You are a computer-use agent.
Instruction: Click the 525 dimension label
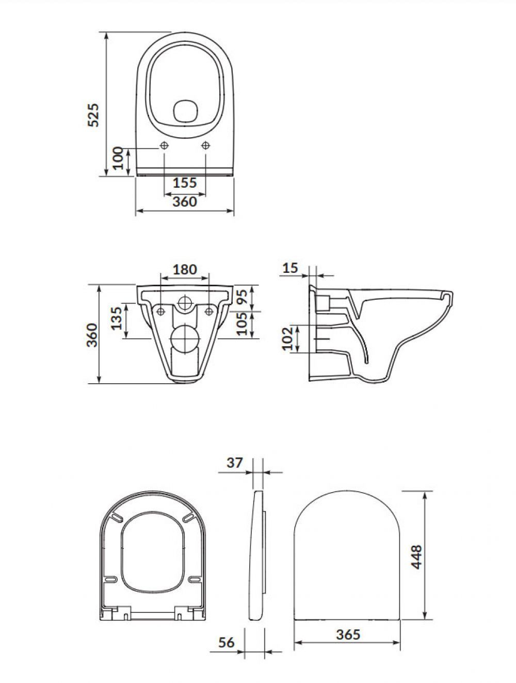[x=93, y=115]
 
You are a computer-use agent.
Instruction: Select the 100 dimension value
[x=118, y=158]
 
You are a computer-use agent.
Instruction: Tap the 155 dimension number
[x=185, y=183]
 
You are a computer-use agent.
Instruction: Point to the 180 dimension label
[x=185, y=269]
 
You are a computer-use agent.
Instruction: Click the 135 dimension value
[x=117, y=318]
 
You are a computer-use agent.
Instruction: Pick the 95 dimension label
[x=242, y=297]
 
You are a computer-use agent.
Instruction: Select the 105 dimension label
[x=242, y=324]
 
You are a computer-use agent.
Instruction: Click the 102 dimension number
[x=287, y=338]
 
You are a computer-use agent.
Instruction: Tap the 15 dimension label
[x=291, y=268]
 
